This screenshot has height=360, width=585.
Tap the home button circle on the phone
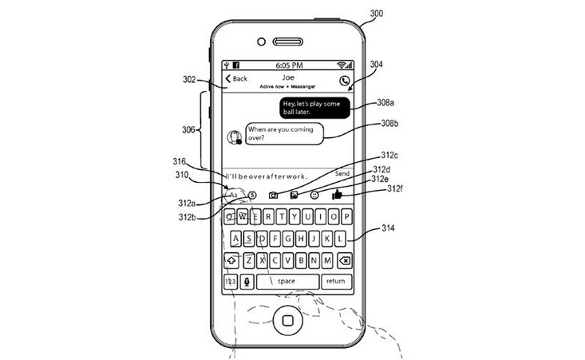click(x=287, y=322)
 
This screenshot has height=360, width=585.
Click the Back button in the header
click(x=236, y=79)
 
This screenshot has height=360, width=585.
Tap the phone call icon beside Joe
click(x=344, y=80)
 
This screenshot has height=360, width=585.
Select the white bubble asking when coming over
click(x=278, y=133)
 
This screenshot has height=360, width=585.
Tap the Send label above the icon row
click(x=342, y=173)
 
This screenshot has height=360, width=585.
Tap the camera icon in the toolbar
click(x=273, y=195)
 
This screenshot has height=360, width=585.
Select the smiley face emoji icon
click(x=314, y=195)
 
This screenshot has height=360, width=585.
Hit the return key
click(x=335, y=281)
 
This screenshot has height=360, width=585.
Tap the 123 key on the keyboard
click(x=230, y=281)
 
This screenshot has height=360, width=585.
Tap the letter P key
click(x=346, y=216)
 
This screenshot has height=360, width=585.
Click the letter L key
click(x=340, y=238)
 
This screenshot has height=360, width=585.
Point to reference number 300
click(x=376, y=12)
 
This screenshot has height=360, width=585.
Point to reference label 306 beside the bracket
click(x=188, y=129)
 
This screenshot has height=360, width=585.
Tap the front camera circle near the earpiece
click(x=260, y=42)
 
